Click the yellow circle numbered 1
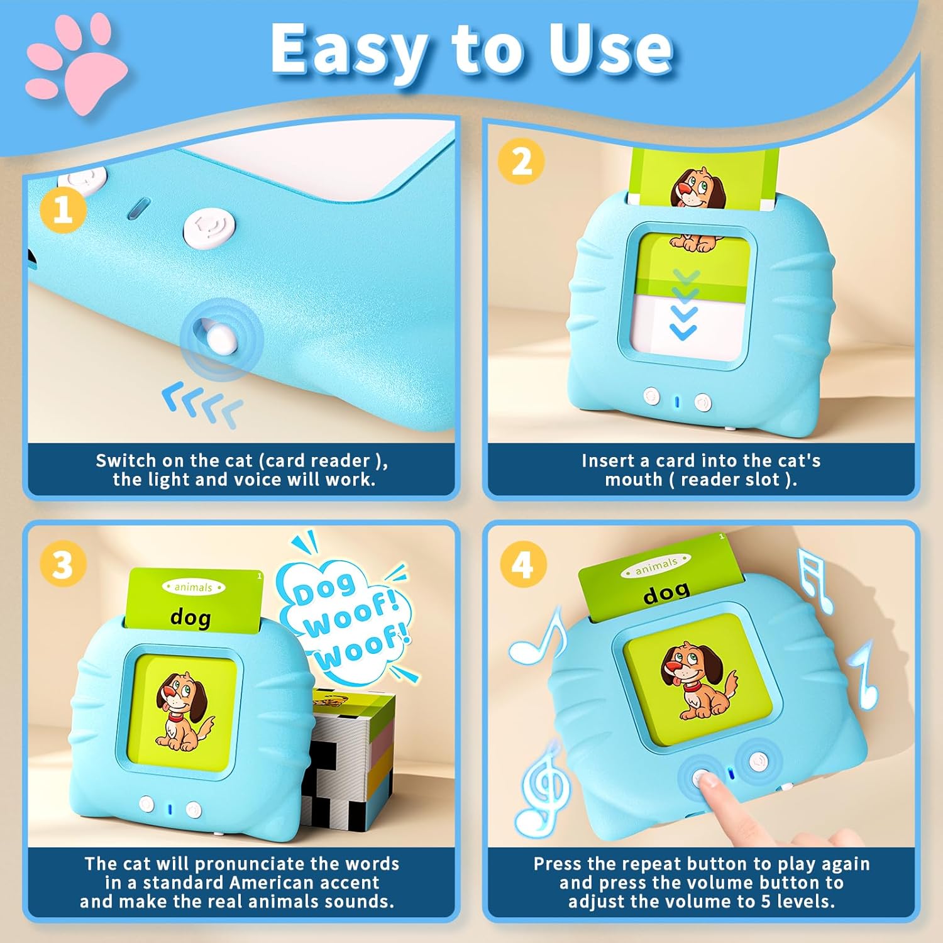click(x=63, y=210)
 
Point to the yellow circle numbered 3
click(x=63, y=564)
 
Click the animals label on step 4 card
click(x=656, y=566)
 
